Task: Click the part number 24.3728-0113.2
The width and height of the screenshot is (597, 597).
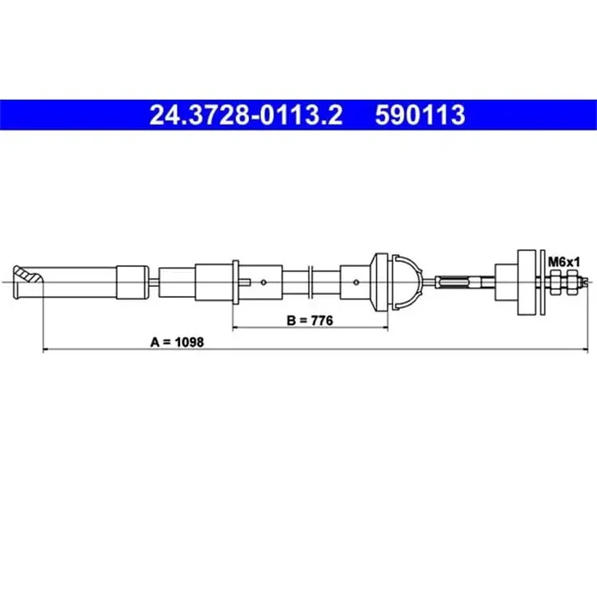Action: (246, 114)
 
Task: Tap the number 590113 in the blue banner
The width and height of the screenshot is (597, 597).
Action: (420, 114)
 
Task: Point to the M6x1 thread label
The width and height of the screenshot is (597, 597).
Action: (564, 262)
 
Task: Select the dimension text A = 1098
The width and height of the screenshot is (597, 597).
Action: (177, 342)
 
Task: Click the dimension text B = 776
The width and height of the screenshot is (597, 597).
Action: (310, 321)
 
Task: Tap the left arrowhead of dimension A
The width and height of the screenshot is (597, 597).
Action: (46, 349)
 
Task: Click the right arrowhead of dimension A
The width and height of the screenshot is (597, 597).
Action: (584, 349)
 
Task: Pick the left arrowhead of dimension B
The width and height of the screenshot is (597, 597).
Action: (235, 327)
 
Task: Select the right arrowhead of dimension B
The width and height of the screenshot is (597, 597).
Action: (384, 327)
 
